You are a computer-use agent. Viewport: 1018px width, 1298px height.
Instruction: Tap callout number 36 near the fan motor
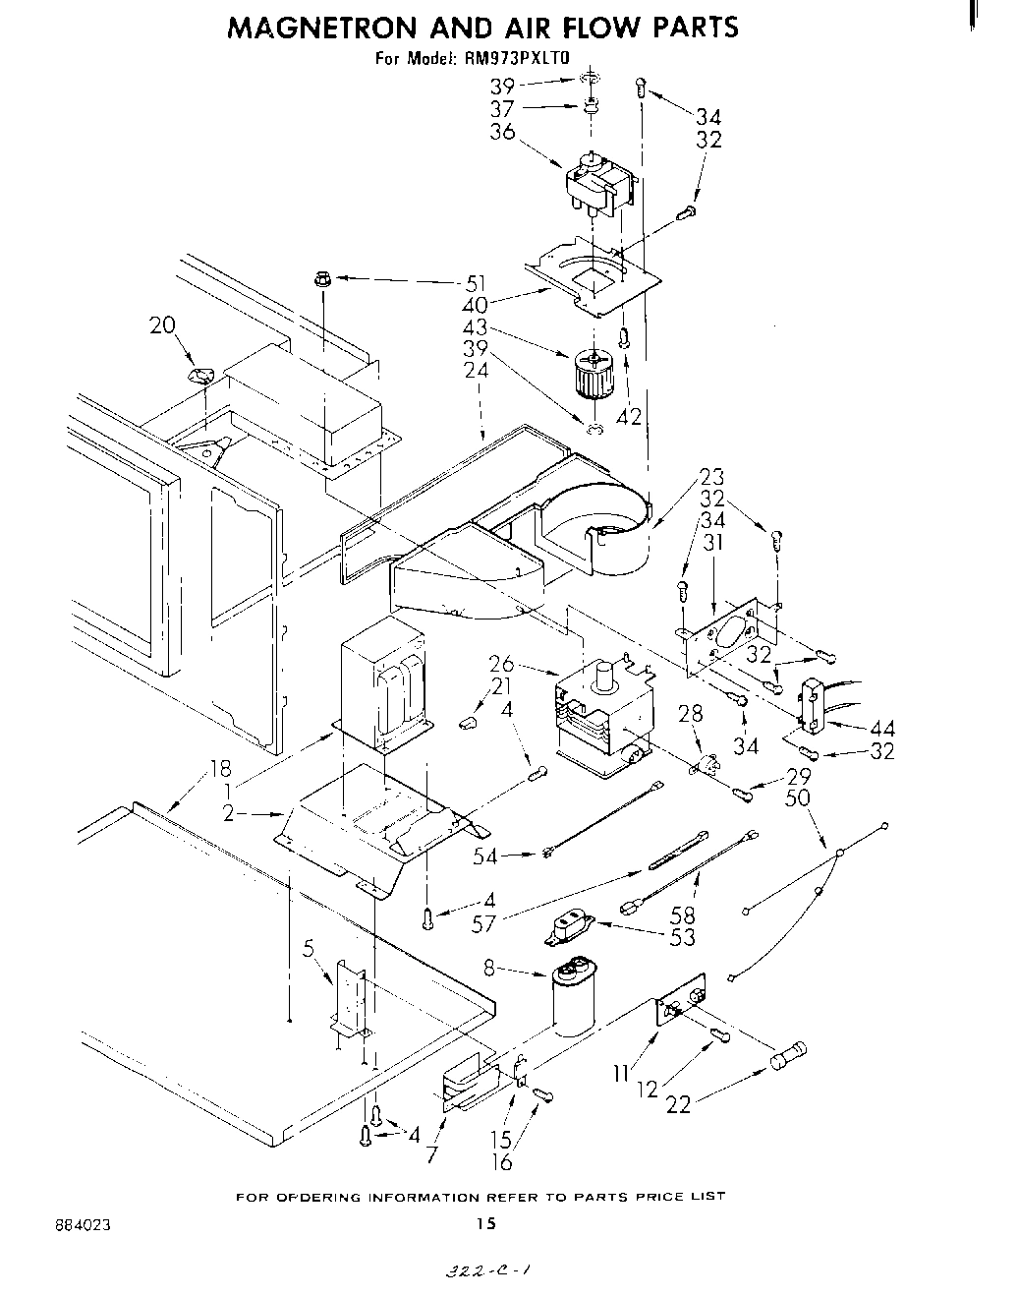(502, 131)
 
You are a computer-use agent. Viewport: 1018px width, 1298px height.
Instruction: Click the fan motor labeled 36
(594, 184)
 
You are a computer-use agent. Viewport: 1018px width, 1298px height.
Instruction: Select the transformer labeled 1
(385, 682)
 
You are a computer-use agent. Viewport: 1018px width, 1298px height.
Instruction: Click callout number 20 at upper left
(163, 324)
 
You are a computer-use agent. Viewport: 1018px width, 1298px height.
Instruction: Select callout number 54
(485, 856)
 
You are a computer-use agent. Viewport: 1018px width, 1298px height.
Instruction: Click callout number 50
(797, 796)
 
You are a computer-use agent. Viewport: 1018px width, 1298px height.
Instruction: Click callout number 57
(483, 923)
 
